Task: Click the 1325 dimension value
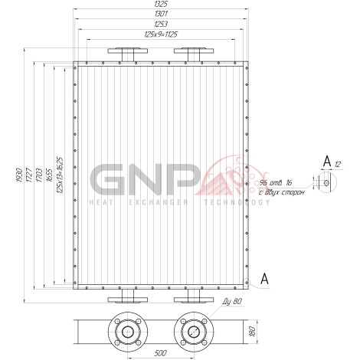tap(161, 4)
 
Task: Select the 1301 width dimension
tap(161, 14)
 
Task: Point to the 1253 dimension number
tap(161, 24)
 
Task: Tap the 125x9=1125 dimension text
tap(161, 34)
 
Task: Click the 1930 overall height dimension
tap(19, 175)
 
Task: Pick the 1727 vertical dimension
tap(29, 175)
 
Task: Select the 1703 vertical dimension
tap(39, 175)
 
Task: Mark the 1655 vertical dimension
tap(49, 175)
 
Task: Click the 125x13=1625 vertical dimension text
tap(60, 175)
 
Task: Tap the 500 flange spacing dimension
tap(161, 353)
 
